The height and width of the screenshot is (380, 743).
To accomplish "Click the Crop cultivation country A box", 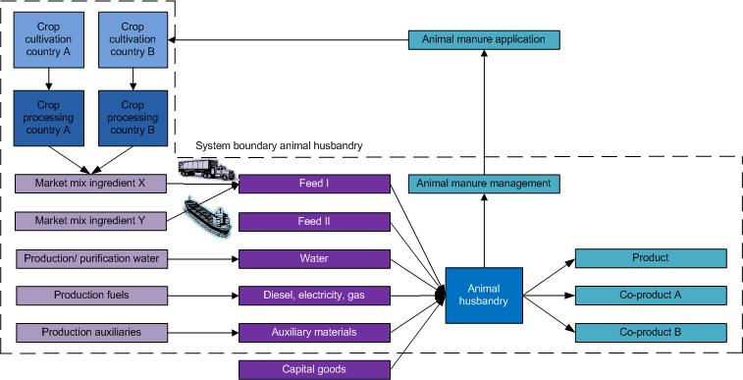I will [x=46, y=40].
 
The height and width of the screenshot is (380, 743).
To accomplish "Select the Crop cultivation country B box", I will [x=131, y=40].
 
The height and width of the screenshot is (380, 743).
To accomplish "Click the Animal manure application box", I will [x=484, y=40].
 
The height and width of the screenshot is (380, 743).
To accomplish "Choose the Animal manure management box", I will [x=484, y=184].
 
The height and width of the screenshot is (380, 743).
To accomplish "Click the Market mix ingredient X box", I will [x=90, y=184].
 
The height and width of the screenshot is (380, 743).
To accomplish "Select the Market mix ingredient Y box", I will [x=90, y=221].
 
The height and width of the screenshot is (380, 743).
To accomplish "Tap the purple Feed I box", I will [x=314, y=184].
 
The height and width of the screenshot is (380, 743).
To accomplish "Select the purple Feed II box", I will [x=314, y=221].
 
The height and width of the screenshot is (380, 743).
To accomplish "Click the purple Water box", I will [x=314, y=258].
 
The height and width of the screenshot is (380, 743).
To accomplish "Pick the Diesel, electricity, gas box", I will [x=314, y=295].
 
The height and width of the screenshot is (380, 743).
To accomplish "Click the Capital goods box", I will [x=314, y=369].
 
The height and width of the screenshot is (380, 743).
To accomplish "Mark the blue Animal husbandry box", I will [x=483, y=295].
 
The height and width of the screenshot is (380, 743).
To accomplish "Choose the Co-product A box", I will [x=650, y=295].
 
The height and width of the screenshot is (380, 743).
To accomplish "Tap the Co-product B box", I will [x=650, y=332].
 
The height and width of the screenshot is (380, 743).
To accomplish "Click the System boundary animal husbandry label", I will [x=280, y=145].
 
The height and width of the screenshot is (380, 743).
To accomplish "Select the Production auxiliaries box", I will [x=90, y=332].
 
